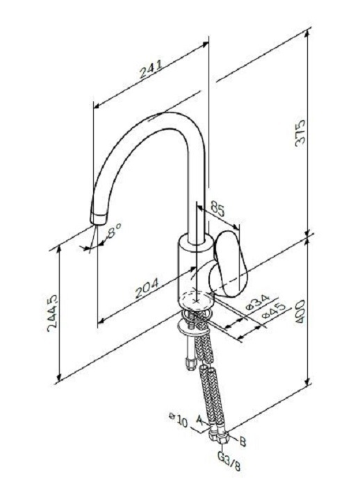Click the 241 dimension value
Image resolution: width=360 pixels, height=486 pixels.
pos(151,69)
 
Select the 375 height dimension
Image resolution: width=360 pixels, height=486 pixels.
pos(300,133)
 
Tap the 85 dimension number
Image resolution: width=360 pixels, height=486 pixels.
pos(217,208)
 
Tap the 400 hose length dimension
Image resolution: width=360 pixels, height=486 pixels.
pos(300,312)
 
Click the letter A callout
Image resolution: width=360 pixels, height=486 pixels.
pos(200,420)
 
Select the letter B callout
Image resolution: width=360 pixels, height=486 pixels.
pos(243,442)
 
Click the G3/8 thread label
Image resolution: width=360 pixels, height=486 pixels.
pos(229,462)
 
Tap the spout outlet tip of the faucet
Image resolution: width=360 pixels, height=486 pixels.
pos(98,218)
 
